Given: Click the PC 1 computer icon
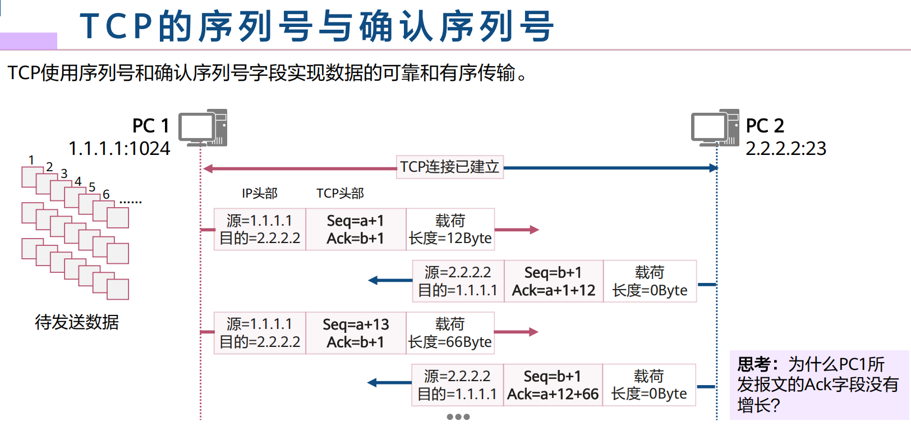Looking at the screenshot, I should [203, 128].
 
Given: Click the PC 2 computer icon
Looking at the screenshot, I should [715, 128].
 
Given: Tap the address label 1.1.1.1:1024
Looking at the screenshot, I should [119, 149].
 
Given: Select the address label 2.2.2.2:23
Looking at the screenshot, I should [785, 149].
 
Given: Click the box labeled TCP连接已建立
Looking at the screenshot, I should [449, 167].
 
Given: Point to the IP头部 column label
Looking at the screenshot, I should [259, 194].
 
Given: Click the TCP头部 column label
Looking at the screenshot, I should [340, 194].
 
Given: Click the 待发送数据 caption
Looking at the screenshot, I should [77, 322].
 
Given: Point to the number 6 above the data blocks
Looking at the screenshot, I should [106, 195].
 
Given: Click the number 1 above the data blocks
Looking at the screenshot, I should [31, 160].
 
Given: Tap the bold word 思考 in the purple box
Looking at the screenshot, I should [753, 365].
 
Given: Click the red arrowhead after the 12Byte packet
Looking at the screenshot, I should [533, 230].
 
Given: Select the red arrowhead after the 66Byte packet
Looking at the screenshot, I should [533, 332].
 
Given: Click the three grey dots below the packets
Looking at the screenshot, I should [458, 417].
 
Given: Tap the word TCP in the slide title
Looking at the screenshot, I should [116, 26].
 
